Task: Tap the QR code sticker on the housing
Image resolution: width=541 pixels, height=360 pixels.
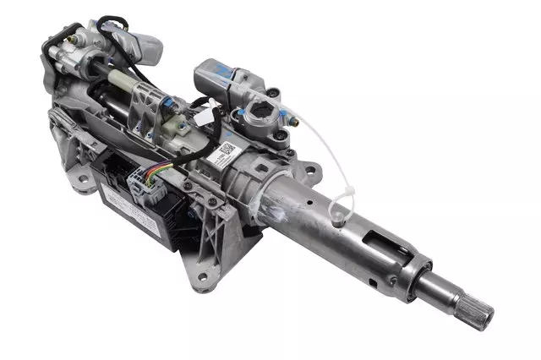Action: click(226, 150)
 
